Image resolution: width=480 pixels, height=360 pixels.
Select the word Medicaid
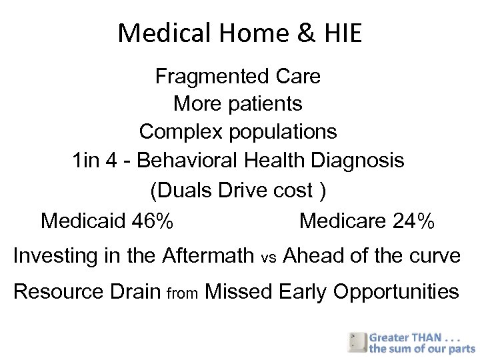tap(81, 220)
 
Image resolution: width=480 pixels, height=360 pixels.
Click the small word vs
tap(269, 257)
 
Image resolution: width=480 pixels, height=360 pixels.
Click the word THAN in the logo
tap(431, 337)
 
